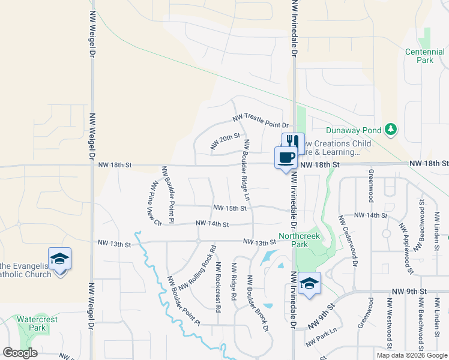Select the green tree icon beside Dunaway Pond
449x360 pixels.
(391, 129)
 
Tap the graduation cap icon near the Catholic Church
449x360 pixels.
(59, 259)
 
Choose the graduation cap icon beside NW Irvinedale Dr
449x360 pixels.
(309, 283)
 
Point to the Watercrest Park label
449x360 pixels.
(37, 323)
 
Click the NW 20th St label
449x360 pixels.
(225, 142)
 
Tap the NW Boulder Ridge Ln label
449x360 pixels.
(246, 170)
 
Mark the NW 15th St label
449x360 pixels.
(230, 208)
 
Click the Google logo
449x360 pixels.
(20, 353)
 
